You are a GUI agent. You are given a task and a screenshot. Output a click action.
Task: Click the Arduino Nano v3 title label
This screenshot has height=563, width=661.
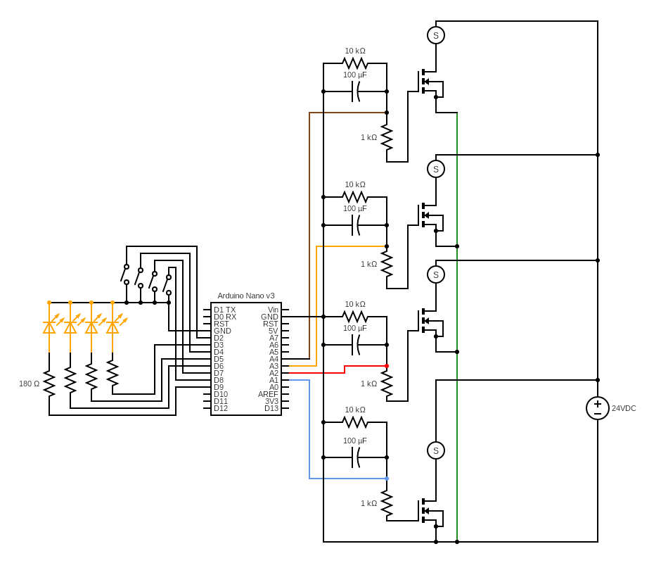click(245, 296)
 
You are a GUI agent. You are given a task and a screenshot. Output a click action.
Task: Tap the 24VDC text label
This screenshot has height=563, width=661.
click(624, 408)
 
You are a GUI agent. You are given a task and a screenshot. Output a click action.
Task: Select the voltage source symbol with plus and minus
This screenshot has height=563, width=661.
click(598, 408)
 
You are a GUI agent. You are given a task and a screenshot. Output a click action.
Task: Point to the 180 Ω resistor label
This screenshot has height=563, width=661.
click(30, 384)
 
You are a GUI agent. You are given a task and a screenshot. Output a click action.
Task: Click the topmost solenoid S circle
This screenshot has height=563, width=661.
click(436, 35)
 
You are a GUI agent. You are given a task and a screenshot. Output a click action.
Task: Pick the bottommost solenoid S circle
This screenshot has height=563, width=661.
click(436, 450)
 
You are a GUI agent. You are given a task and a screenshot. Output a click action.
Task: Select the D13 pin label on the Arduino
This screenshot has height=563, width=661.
click(271, 408)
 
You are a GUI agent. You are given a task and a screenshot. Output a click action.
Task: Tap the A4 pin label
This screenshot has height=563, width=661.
click(274, 359)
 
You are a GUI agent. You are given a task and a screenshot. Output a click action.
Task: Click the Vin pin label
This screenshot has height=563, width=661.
click(273, 310)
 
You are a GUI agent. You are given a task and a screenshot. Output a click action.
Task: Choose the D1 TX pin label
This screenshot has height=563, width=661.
click(225, 310)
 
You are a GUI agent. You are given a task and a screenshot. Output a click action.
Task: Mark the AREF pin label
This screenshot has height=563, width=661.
click(268, 394)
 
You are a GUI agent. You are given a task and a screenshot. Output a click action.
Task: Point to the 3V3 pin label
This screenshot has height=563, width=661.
click(271, 401)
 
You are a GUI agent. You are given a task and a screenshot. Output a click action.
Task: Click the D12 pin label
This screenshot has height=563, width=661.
click(221, 408)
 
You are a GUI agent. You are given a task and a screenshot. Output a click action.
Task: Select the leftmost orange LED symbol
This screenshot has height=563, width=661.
click(49, 327)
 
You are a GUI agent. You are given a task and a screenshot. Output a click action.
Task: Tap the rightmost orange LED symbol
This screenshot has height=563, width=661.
click(113, 327)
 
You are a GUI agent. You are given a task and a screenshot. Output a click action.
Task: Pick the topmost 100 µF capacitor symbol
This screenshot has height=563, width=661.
click(356, 91)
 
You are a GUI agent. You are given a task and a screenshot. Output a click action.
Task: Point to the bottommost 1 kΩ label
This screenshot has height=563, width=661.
click(368, 503)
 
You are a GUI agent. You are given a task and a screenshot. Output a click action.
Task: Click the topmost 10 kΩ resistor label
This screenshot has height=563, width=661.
click(354, 51)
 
